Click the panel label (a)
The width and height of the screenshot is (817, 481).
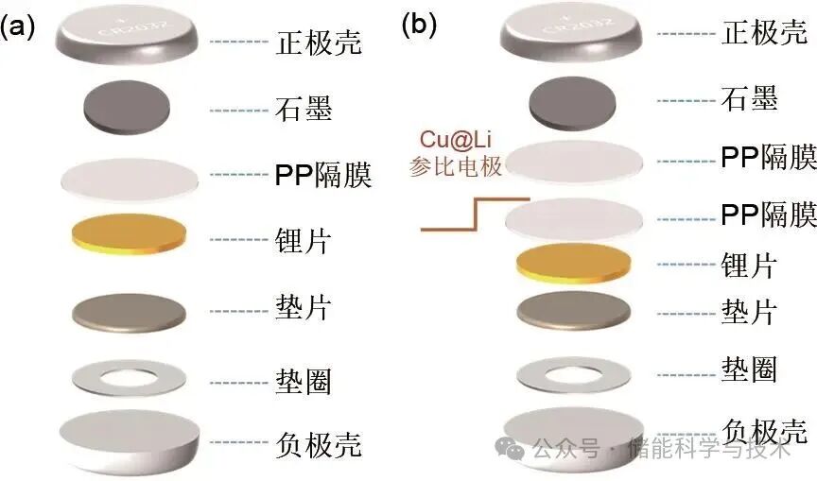pos(18,26)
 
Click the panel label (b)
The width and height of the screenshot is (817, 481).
pos(419,25)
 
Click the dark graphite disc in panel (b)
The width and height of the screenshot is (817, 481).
pos(571,101)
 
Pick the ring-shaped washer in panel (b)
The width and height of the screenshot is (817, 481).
pos(573,371)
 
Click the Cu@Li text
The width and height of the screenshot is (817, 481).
pos(458,141)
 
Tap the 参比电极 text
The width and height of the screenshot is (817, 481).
pos(457,168)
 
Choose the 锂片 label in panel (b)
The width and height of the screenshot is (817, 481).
pos(748,266)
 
